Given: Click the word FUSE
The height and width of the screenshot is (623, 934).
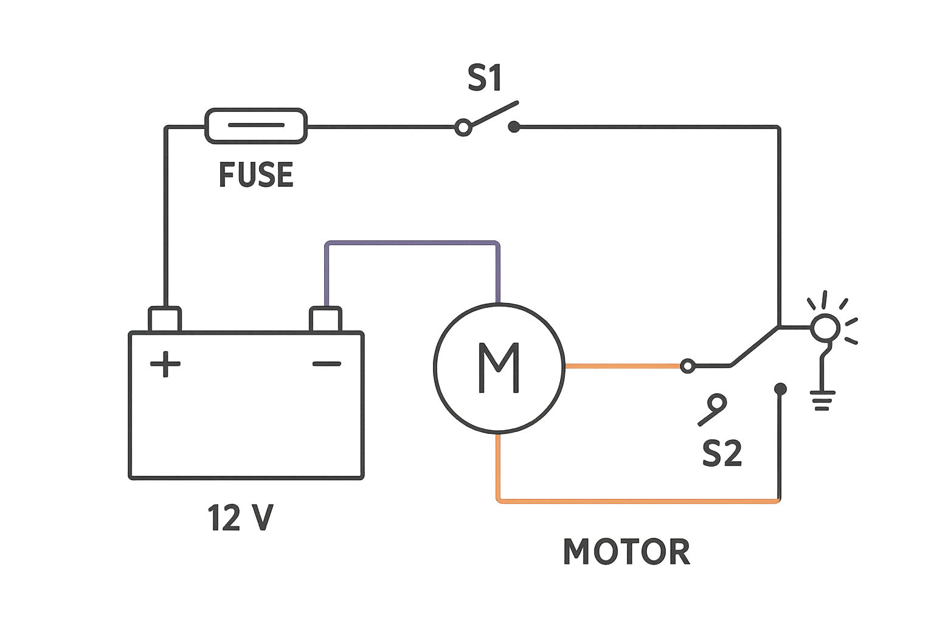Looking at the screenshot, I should coord(255,175).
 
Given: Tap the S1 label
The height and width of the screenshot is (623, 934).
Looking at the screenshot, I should coord(485,78).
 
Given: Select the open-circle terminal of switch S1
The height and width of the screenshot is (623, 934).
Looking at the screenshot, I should coord(463,128).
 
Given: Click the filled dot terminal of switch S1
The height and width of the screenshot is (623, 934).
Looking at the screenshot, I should coord(514,127).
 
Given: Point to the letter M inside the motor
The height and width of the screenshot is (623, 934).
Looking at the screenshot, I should coord(499,367).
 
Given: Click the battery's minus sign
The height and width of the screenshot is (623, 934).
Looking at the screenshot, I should coord(327,364).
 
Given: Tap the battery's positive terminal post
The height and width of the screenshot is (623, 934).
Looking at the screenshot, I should coord(165,319).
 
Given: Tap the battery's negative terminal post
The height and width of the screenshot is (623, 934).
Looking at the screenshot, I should coord(325,319).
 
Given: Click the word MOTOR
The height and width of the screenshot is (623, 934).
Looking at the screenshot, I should coord(626,552).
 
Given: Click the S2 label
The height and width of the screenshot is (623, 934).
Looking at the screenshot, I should coord(722,453).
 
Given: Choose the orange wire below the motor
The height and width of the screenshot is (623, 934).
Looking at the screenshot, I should coord(638,500).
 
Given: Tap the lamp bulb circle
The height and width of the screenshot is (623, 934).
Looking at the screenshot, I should coord(825,328).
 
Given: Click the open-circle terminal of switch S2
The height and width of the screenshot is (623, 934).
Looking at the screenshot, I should coord(687,366).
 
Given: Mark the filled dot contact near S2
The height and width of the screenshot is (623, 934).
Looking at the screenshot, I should coord(781,388).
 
